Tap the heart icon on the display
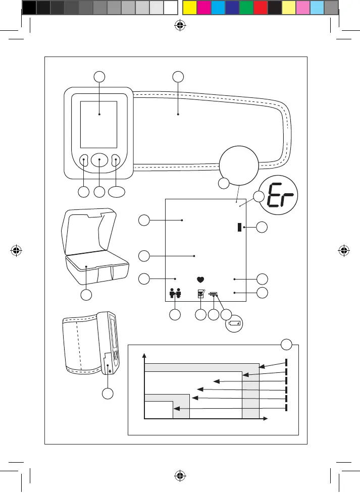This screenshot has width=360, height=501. [x=200, y=279]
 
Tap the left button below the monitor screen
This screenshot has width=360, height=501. [x=84, y=160]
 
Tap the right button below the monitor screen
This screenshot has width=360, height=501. [x=116, y=160]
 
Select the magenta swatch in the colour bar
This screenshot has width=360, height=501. [x=202, y=8]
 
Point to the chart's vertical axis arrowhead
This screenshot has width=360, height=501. [x=145, y=356]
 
